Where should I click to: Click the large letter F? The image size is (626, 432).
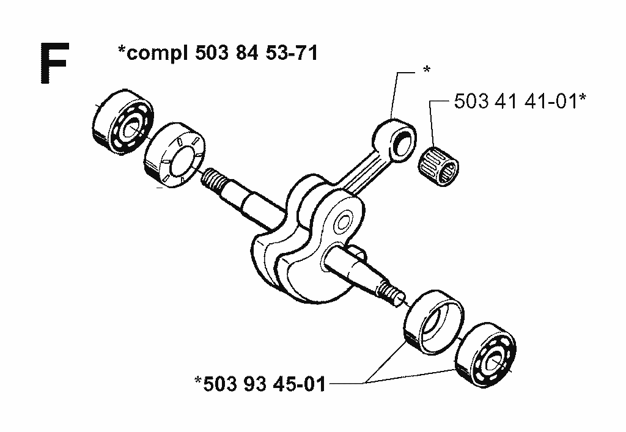coord(54,63)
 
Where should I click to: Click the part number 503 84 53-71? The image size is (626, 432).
coord(256,53)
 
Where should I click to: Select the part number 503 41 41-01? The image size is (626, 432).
coord(516,101)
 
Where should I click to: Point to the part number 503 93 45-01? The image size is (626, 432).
coord(264,384)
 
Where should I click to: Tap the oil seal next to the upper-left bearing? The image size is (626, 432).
coord(175,155)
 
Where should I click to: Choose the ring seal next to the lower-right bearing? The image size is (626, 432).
coord(434,322)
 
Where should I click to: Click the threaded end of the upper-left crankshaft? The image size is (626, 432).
coord(213,180)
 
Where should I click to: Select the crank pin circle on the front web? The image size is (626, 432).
coord(343,221)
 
